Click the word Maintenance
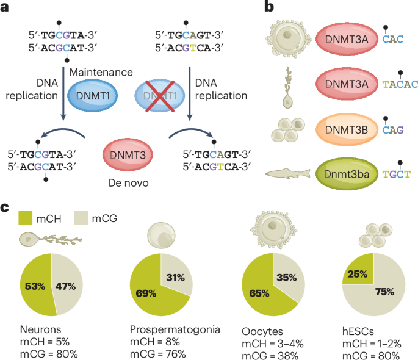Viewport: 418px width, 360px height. [x=101, y=73]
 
